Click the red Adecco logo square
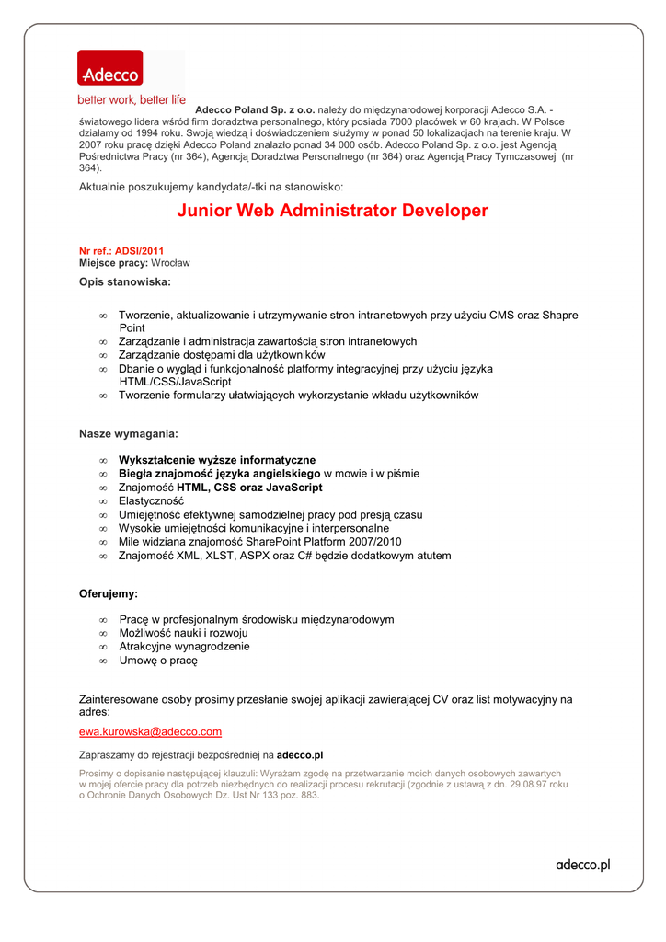109,69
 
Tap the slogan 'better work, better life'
131,99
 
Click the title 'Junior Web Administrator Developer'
332,211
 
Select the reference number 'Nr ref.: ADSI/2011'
121,250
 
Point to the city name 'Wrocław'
170,262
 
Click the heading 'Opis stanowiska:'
124,281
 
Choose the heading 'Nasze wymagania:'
129,433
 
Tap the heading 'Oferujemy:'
109,594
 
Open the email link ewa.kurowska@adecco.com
150,731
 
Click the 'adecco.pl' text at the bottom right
582,865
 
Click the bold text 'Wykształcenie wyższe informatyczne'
217,460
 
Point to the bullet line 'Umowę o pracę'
158,661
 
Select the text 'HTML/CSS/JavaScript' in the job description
175,381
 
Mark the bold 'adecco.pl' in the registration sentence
300,755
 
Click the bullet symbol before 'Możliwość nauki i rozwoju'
103,634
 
